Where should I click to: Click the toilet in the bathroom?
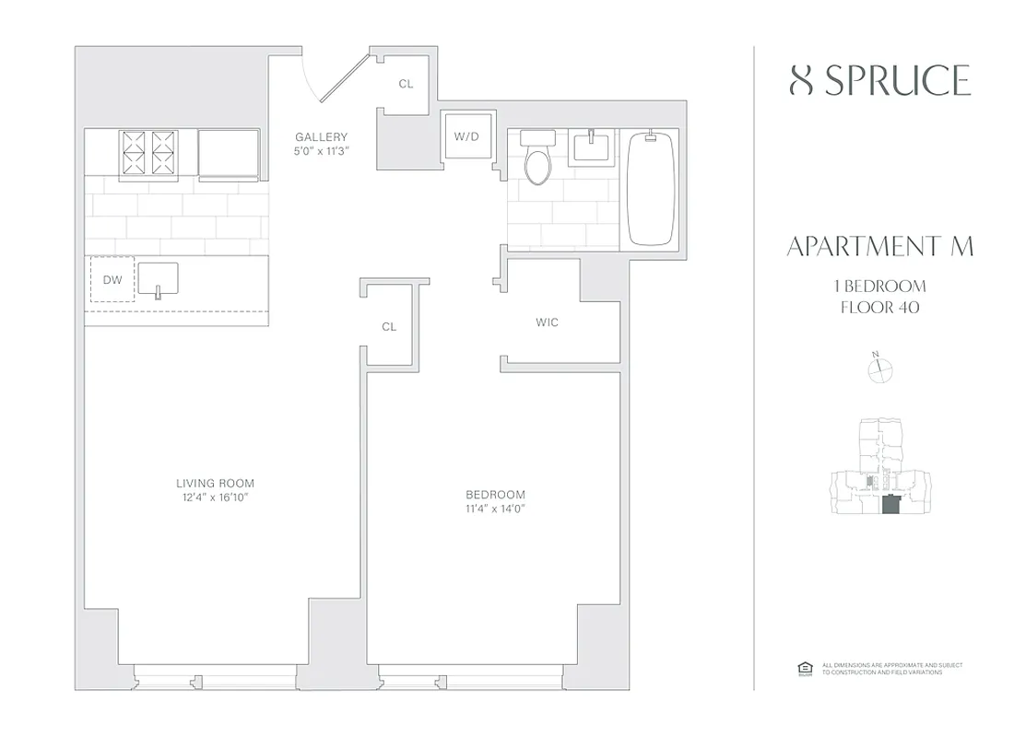coord(536,161)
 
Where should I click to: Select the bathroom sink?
coord(587,146)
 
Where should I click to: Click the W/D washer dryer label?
coord(466,136)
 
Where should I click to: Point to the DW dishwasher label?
coord(112,279)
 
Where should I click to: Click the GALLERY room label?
coord(321,137)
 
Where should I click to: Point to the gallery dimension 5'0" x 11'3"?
coord(321,151)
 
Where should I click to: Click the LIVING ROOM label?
coord(215,483)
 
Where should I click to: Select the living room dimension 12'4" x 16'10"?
coord(215,497)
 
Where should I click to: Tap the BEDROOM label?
coord(495,494)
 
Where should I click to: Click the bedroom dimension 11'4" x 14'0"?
coord(495,509)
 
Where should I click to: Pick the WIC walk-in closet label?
coord(547,322)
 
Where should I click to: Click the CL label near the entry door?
coord(406,84)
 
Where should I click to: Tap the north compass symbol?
coord(881,369)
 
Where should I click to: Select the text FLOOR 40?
coord(880,308)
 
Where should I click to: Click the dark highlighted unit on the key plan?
coord(890,506)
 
